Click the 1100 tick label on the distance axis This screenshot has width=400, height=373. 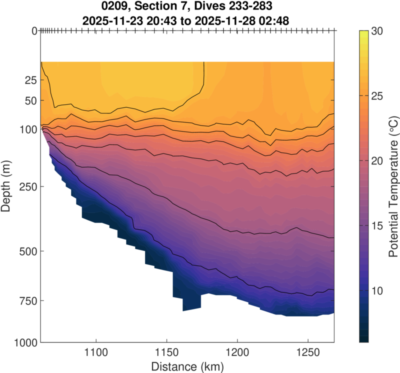96,353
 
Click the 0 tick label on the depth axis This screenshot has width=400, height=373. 34,31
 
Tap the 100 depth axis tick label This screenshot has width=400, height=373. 28,129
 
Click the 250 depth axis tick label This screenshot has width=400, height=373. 28,186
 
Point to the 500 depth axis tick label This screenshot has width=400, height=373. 28,251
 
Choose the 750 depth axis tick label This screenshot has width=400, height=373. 28,301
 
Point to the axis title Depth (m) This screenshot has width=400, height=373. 7,186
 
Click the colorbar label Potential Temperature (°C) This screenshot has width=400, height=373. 393,186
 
